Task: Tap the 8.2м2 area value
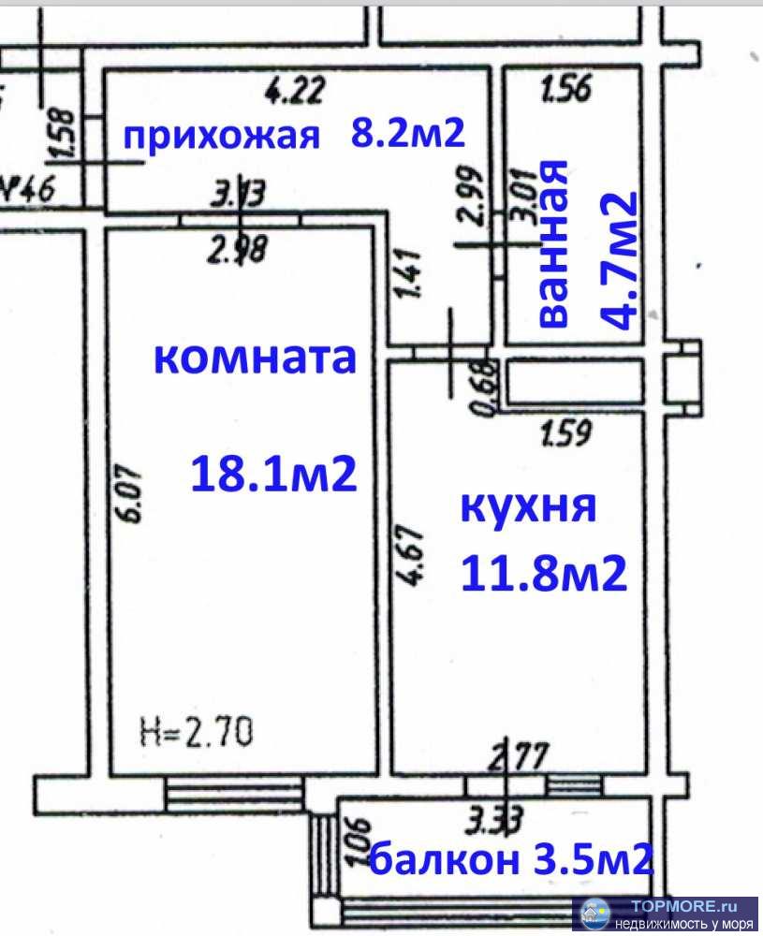tap(407, 134)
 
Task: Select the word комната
tap(255, 358)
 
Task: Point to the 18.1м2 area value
tap(273, 475)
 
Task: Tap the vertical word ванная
tap(554, 243)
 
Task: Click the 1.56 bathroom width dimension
tap(566, 90)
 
